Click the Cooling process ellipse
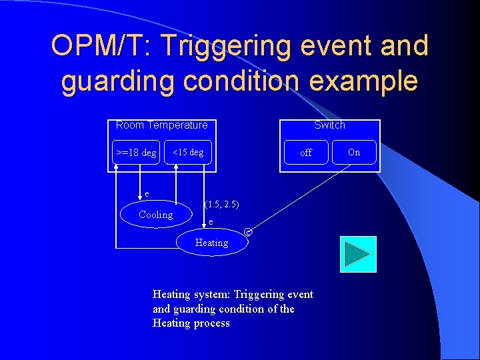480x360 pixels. (155, 214)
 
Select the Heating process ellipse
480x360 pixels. (211, 243)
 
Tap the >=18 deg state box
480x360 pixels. (136, 153)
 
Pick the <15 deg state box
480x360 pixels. (188, 152)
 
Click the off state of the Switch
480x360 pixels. (306, 153)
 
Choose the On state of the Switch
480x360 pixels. (354, 152)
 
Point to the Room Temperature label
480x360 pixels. (161, 125)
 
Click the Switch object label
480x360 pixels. (329, 125)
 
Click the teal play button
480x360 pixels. (358, 254)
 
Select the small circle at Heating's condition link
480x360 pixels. (248, 232)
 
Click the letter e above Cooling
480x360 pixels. (147, 194)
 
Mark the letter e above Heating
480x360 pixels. (211, 221)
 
